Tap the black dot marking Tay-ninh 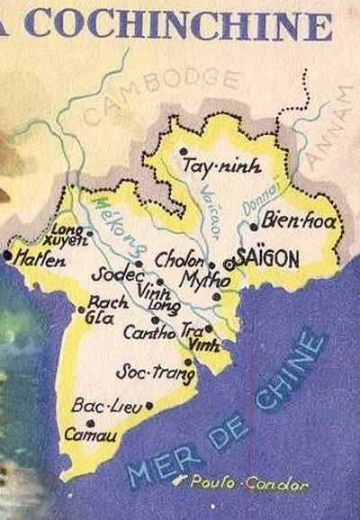184,151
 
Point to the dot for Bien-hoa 255,227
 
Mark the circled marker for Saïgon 230,264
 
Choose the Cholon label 180,259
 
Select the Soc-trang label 143,371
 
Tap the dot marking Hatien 8,256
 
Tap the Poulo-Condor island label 249,484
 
